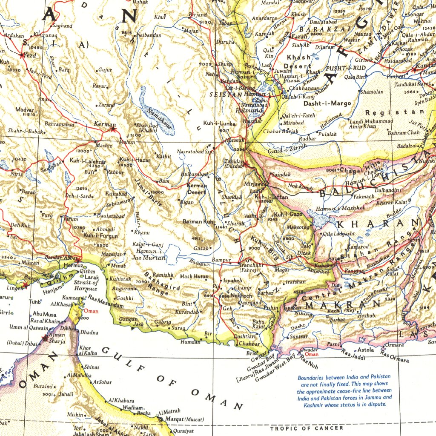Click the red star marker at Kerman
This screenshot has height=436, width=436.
click(113, 129)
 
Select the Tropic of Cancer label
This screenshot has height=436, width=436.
click(307, 428)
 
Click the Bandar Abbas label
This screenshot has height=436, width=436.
click(63, 257)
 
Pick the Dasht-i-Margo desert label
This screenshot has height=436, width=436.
click(327, 103)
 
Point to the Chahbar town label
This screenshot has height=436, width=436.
click(249, 344)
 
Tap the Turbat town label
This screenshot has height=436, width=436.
click(337, 319)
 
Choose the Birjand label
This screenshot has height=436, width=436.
click(198, 15)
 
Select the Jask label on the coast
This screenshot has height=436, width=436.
click(138, 324)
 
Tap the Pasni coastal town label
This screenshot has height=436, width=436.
click(333, 344)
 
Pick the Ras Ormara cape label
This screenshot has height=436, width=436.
click(395, 357)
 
